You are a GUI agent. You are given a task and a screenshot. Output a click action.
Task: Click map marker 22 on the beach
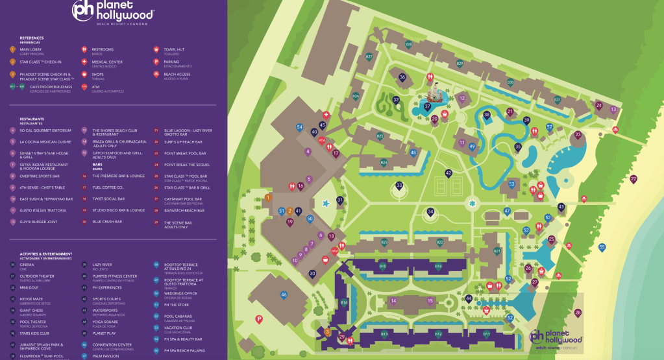pos(633,179)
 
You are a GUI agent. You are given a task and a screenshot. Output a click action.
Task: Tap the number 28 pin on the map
pos(578,313)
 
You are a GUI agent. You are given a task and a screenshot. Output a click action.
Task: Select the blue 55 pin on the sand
pos(602,247)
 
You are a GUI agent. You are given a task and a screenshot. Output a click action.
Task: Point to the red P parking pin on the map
pos(259,318)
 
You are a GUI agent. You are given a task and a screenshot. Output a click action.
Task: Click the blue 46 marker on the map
pos(284,295)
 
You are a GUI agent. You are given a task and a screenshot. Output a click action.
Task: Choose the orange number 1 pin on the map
pos(267,197)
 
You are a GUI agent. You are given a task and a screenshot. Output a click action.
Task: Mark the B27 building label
pos(369,57)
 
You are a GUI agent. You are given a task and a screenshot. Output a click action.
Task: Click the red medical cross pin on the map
pos(326,115)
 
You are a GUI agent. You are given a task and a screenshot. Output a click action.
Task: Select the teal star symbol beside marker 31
pos(326,204)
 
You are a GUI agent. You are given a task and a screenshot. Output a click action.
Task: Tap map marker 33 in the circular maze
pos(399,186)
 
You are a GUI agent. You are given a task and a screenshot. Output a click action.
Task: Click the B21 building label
pos(497,251)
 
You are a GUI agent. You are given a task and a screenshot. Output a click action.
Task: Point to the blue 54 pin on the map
pos(300,127)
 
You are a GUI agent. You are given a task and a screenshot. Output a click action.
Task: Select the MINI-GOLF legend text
pos(29,287)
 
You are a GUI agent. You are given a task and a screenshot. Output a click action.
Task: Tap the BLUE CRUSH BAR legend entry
pos(107,222)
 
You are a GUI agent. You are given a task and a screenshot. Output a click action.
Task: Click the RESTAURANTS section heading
pos(32,119)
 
